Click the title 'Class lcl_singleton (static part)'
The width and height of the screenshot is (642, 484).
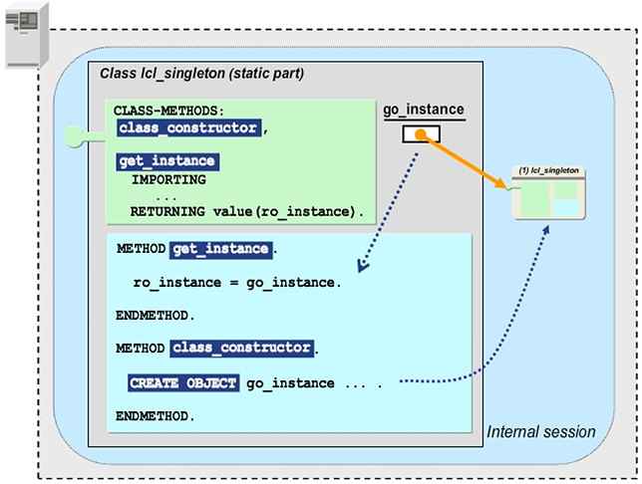click(202, 74)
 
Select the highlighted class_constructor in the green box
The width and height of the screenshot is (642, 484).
click(188, 127)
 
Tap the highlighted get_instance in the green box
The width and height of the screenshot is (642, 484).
click(166, 161)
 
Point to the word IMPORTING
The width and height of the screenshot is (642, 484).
click(168, 179)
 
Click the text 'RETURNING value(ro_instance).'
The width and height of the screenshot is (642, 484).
click(247, 211)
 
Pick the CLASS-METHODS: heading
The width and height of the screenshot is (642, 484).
click(168, 110)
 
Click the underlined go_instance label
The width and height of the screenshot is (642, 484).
click(424, 110)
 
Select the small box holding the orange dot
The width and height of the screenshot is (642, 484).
click(422, 134)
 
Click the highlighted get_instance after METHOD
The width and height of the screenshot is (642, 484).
click(221, 249)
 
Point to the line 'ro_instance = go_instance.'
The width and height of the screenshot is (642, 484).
click(237, 282)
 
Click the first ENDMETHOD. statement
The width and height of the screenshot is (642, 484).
click(157, 315)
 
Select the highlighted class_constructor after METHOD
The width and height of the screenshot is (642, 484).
click(242, 348)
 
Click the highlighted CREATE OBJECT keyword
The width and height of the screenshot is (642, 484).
click(183, 382)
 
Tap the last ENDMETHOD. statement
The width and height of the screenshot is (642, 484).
click(157, 414)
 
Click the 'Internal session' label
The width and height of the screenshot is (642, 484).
click(540, 432)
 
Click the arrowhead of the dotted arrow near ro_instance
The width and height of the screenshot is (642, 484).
click(361, 267)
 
